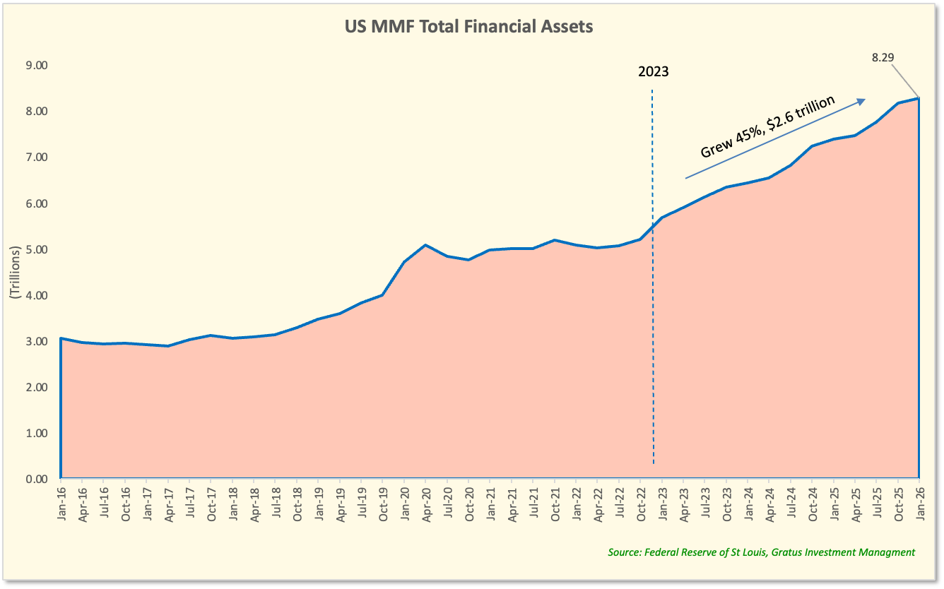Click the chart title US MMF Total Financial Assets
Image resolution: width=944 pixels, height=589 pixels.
468,27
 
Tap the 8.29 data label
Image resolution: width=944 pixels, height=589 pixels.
883,57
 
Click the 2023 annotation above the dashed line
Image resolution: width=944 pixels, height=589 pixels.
653,71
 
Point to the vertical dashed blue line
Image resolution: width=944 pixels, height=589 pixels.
653,277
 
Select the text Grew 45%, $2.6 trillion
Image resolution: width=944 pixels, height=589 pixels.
767,126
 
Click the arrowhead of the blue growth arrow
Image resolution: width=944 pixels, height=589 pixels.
861,102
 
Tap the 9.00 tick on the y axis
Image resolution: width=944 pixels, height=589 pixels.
37,65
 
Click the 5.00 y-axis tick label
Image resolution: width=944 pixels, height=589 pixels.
37,249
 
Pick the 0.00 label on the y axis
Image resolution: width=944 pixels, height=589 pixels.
37,479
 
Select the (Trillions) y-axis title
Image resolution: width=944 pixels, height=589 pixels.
15,273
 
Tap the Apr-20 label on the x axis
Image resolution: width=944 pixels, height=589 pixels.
426,504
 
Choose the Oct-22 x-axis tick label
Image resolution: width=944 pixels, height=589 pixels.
641,504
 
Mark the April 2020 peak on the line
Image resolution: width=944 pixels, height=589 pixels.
425,245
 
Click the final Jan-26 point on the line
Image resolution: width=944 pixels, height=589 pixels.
919,98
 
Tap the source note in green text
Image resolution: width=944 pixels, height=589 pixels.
761,552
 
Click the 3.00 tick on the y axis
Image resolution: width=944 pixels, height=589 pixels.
37,341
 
